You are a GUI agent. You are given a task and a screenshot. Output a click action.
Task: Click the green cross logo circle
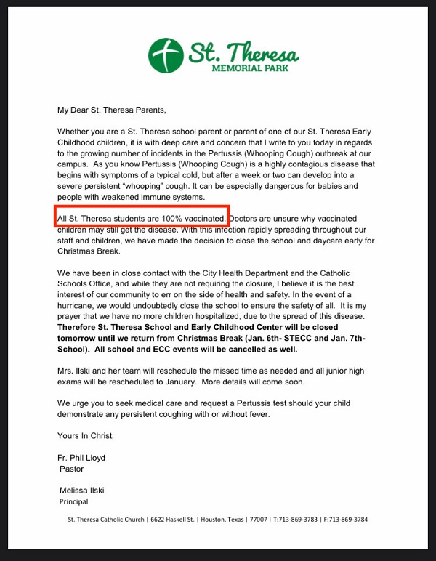coord(166,56)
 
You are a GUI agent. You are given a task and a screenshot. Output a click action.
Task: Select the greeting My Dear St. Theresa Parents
coord(112,110)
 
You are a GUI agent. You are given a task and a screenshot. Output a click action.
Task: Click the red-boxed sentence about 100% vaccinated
coord(142,218)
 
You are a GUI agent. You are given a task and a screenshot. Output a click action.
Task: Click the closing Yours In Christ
coord(86,436)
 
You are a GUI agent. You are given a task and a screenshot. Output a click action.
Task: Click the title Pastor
coord(71,469)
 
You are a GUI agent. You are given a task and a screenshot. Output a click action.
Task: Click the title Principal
coord(73,502)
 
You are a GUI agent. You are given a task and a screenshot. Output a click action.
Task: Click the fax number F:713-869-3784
coord(346,520)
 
